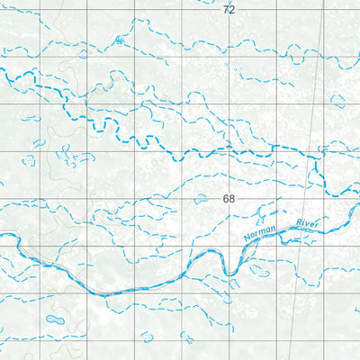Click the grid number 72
coord(229,9)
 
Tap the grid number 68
coord(229,199)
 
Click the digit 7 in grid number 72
coord(225,9)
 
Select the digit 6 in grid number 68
coord(225,199)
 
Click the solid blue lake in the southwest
coord(55,320)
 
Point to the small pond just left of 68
coord(202,199)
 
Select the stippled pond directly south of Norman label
coord(260,269)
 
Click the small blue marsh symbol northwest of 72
coord(120,40)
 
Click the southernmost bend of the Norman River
coord(103,293)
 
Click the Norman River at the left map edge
coord(3,237)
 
